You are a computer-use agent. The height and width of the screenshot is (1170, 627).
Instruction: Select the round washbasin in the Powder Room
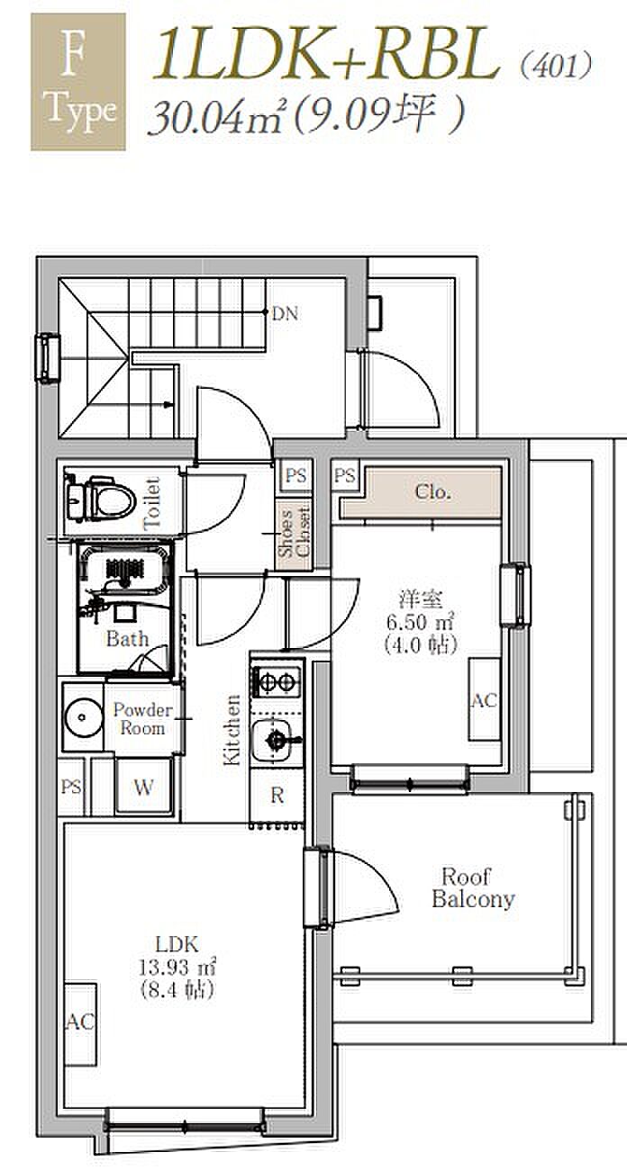pyautogui.click(x=83, y=717)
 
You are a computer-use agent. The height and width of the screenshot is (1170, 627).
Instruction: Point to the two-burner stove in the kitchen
pyautogui.click(x=277, y=681)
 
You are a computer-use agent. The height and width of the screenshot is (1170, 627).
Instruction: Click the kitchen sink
pyautogui.click(x=277, y=740)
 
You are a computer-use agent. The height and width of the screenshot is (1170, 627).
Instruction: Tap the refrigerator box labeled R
pyautogui.click(x=277, y=795)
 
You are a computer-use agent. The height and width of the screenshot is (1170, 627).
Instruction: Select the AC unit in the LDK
pyautogui.click(x=80, y=1021)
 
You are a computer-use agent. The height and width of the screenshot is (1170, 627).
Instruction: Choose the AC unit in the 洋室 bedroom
pyautogui.click(x=484, y=699)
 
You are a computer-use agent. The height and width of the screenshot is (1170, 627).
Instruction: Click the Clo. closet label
pyautogui.click(x=432, y=493)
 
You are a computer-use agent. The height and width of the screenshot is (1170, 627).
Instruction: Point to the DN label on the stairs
pyautogui.click(x=285, y=314)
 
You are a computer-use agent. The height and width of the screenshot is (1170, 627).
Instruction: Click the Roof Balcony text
pyautogui.click(x=473, y=887)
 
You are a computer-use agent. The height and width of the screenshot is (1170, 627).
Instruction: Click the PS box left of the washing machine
pyautogui.click(x=71, y=787)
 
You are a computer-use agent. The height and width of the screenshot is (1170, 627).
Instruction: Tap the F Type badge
pyautogui.click(x=77, y=81)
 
